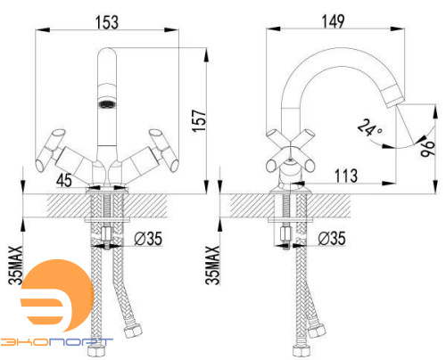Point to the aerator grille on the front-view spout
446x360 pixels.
click(x=107, y=105)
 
